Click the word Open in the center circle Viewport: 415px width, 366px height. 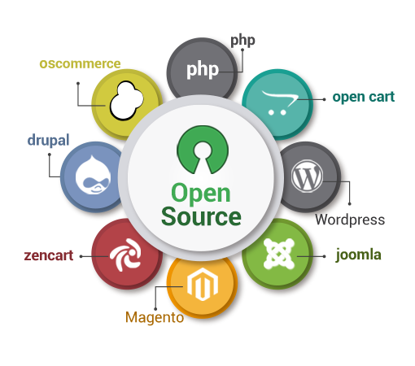[x=201, y=193]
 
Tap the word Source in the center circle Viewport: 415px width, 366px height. [x=201, y=217]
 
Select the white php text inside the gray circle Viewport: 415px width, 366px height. [x=203, y=70]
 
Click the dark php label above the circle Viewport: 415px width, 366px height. [x=242, y=41]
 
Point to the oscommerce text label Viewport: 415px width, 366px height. [x=80, y=63]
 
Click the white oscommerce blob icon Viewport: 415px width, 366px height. [x=126, y=100]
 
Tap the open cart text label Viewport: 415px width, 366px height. [x=364, y=97]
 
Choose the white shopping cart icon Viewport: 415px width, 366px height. [x=279, y=102]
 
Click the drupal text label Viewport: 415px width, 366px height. [x=48, y=140]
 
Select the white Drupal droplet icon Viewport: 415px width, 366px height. [x=93, y=174]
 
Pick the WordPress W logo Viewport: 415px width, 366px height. [x=307, y=176]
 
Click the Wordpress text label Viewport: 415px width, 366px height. [x=350, y=220]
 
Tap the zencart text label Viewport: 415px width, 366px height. [x=49, y=255]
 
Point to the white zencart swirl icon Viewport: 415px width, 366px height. [x=125, y=255]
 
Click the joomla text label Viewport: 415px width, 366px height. [x=359, y=255]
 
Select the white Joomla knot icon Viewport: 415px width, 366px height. [x=279, y=254]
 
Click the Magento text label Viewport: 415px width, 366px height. [x=155, y=317]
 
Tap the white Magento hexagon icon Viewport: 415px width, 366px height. [x=203, y=284]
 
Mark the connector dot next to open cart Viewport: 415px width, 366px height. [x=324, y=99]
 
